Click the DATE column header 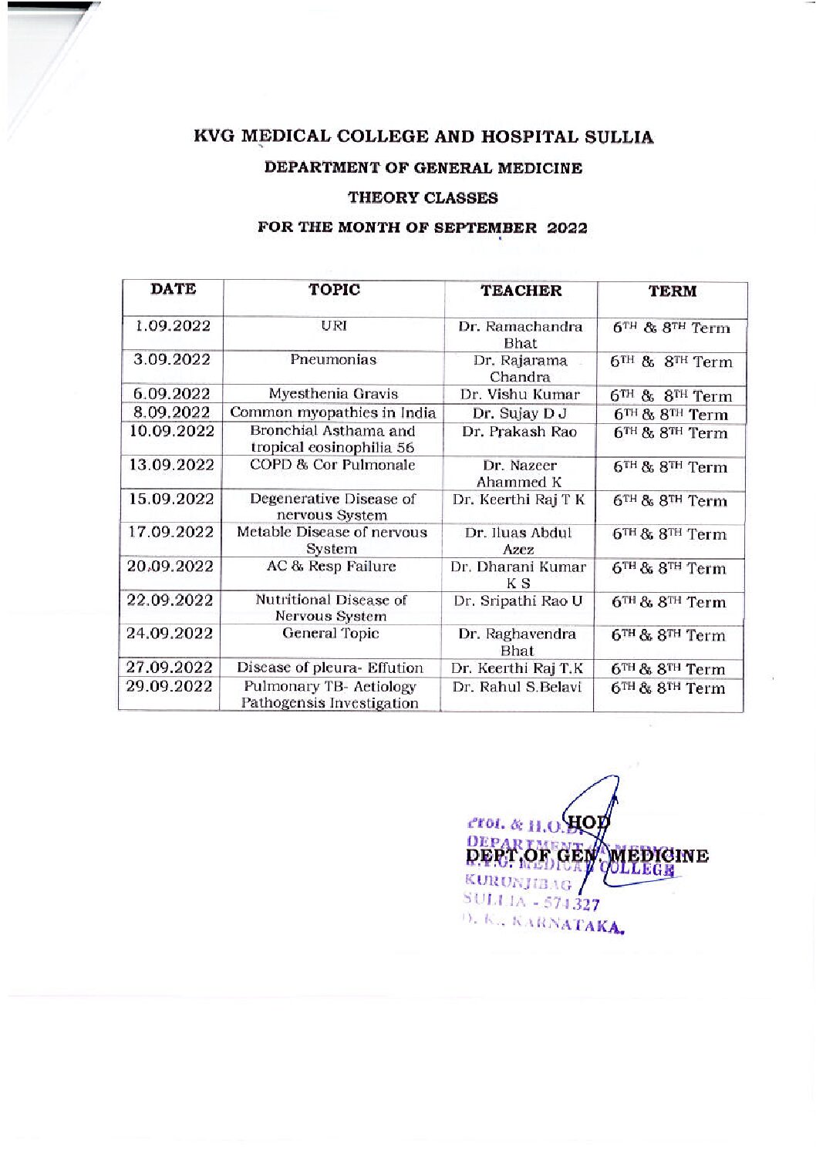[174, 290]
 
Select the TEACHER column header [521, 291]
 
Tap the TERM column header [672, 291]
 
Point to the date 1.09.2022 [173, 326]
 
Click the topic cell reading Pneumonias [333, 359]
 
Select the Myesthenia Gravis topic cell [333, 394]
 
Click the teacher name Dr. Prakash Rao [519, 432]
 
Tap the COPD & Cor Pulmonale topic [332, 465]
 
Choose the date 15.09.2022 [171, 499]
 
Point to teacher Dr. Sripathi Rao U [518, 601]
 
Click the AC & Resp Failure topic [331, 566]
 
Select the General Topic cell [331, 634]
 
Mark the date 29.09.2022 [169, 686]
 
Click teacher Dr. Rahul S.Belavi [517, 687]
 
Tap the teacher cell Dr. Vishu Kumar [520, 395]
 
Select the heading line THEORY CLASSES [423, 198]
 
